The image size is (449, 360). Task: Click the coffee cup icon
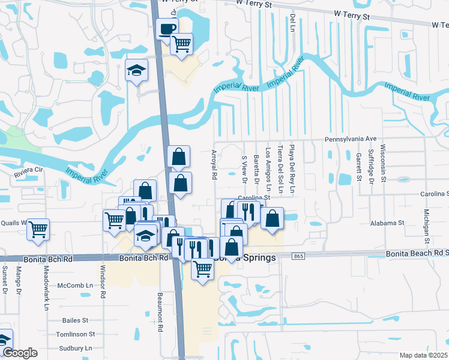tap(167, 28)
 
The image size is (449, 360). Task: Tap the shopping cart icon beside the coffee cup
tap(181, 44)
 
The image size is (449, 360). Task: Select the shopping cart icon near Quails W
tap(38, 229)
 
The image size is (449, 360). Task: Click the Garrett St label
tap(358, 166)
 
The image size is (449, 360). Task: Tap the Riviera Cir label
tap(30, 177)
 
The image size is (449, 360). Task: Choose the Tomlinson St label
tap(75, 334)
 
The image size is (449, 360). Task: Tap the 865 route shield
tap(298, 256)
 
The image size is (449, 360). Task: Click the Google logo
tap(20, 353)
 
